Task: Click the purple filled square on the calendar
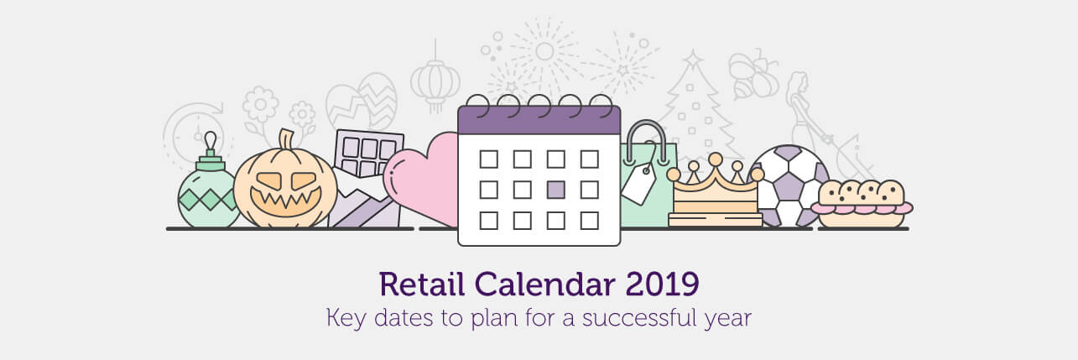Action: (556, 190)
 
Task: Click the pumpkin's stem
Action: (286, 139)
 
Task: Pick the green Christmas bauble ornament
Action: (208, 188)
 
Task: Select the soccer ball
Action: (789, 185)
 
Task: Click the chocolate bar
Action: (367, 178)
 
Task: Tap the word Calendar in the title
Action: (544, 284)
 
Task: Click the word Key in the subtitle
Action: (346, 319)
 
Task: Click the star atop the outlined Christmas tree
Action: (693, 58)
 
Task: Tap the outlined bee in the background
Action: (753, 75)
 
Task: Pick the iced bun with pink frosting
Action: (862, 203)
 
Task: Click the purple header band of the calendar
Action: (539, 120)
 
